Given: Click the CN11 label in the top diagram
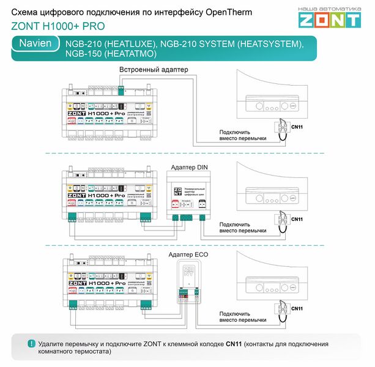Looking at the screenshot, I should point(297,126).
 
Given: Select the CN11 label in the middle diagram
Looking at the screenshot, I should point(297,219).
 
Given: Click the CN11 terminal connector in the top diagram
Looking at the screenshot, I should point(281,127).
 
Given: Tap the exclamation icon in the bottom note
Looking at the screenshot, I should point(31,344).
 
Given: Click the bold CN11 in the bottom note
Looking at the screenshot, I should point(234,344).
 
